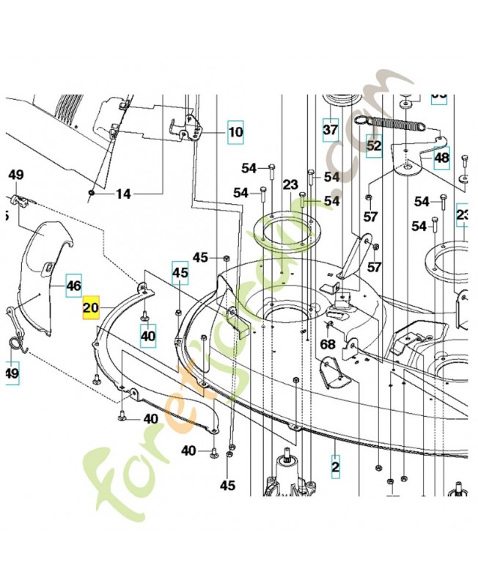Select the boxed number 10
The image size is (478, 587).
pyautogui.click(x=235, y=133)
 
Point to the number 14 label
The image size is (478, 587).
pyautogui.click(x=122, y=194)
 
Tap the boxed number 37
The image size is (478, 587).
pyautogui.click(x=331, y=131)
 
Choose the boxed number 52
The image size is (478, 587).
pyautogui.click(x=374, y=146)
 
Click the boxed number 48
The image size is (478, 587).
pyautogui.click(x=441, y=157)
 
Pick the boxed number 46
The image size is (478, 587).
pyautogui.click(x=74, y=285)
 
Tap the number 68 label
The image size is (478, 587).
pyautogui.click(x=327, y=344)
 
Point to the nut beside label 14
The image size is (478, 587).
pyautogui.click(x=91, y=192)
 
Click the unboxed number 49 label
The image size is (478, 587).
pyautogui.click(x=16, y=175)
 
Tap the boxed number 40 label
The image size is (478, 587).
pyautogui.click(x=148, y=336)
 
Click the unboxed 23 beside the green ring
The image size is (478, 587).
pyautogui.click(x=290, y=185)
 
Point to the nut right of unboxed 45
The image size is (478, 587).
pyautogui.click(x=226, y=257)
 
